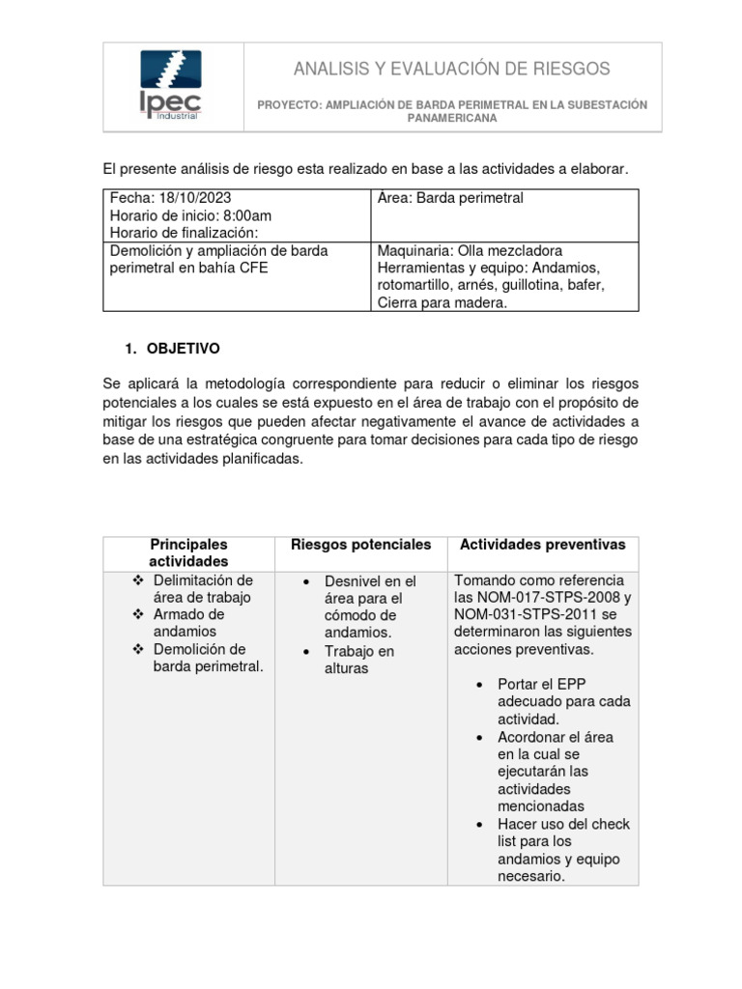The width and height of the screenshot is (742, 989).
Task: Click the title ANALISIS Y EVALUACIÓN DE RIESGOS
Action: pos(452,69)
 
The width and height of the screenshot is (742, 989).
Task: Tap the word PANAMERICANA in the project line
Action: pos(452,118)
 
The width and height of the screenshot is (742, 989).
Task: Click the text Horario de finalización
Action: pos(182,233)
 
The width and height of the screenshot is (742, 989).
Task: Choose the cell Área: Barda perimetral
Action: pos(449,198)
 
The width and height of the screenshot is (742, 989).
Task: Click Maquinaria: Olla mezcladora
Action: pos(470,250)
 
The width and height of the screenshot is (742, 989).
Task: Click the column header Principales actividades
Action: pos(188,552)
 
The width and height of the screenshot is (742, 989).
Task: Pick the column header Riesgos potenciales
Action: pos(360,545)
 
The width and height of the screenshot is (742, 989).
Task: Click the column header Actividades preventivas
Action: pos(542,545)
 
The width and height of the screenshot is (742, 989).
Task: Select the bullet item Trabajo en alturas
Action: pos(358,660)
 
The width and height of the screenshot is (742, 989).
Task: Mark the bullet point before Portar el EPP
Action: pos(481,685)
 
